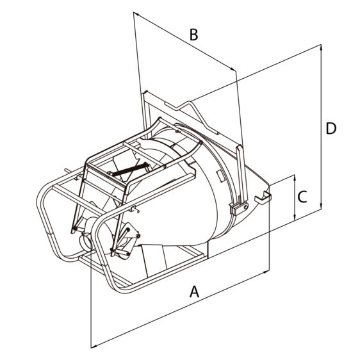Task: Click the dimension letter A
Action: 194,291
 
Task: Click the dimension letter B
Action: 194,35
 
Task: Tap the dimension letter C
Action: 302,197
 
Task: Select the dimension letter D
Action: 331,128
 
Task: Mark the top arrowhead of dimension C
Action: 295,177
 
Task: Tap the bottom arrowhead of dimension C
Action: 295,218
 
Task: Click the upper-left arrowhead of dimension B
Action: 136,13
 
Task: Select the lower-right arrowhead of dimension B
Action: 233,69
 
